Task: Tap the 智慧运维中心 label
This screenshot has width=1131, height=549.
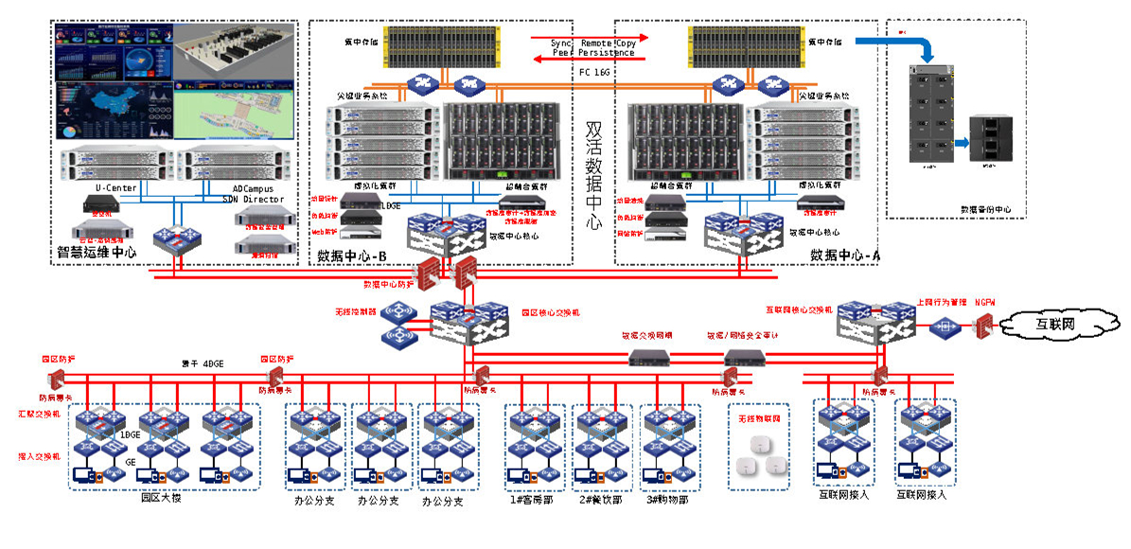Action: [97, 253]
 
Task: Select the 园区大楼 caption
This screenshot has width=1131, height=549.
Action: [160, 497]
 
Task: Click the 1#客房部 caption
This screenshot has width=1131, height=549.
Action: [532, 499]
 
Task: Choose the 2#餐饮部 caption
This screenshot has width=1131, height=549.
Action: [599, 499]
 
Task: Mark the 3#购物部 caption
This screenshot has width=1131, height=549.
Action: [667, 499]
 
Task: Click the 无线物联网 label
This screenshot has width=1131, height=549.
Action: [758, 416]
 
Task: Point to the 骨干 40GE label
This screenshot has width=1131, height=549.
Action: [203, 363]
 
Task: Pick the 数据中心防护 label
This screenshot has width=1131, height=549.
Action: [389, 283]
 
